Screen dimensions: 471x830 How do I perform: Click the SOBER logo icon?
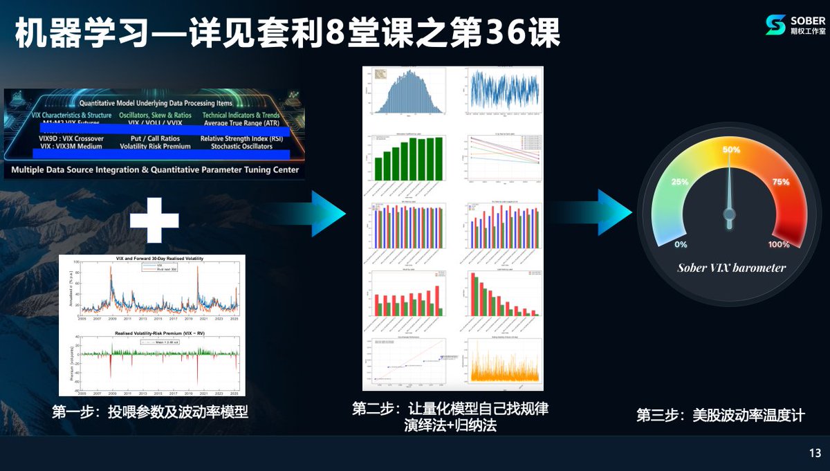775,25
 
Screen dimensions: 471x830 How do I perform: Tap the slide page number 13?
814,454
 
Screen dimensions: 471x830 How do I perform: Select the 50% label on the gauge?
731,150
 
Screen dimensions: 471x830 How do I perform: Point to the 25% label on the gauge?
679,182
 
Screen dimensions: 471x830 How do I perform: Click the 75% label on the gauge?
780,182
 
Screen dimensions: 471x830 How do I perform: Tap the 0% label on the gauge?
681,244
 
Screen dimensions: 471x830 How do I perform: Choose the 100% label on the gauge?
778,244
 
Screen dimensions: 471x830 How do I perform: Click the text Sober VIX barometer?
731,268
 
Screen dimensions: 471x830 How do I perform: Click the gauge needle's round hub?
729,214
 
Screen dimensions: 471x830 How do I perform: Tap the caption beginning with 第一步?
149,413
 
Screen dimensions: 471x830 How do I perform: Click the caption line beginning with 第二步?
450,409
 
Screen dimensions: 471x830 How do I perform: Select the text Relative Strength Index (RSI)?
241,138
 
